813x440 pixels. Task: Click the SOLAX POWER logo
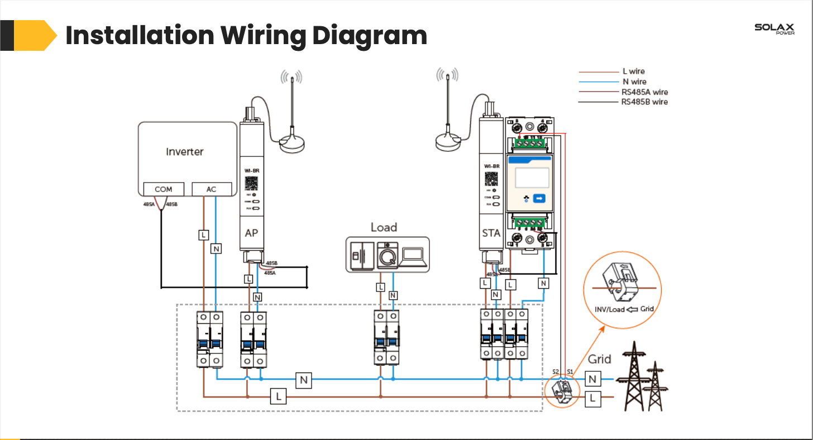774,29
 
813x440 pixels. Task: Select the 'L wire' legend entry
633,71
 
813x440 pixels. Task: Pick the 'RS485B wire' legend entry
644,102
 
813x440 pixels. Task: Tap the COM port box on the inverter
163,189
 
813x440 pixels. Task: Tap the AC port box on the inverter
211,189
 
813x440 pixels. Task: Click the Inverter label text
185,152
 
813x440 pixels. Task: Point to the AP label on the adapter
252,232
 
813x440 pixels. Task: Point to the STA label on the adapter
491,233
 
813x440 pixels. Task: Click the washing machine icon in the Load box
386,255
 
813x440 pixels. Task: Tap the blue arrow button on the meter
539,198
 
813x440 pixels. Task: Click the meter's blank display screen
532,178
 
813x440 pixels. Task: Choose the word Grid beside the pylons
600,359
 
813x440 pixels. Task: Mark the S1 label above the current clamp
570,371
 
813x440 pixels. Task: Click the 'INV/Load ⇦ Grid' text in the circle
624,309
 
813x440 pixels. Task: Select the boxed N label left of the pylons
593,380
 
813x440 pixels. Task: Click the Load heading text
384,227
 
